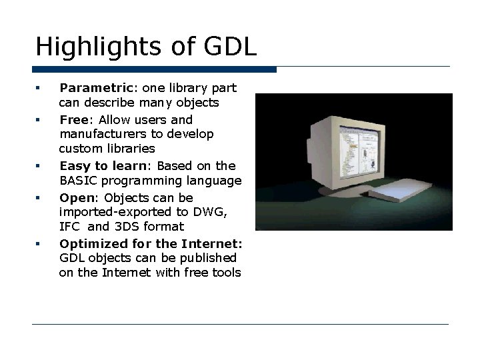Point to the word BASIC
[76, 180]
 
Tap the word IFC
[69, 227]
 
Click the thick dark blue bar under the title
[154, 69]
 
